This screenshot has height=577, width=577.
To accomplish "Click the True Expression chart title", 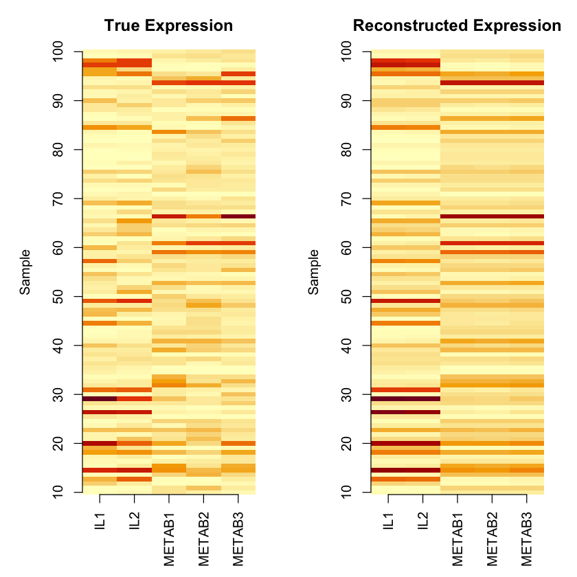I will tap(168, 26).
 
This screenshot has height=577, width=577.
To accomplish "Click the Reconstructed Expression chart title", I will tap(456, 26).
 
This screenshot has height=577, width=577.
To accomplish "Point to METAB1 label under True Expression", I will tap(170, 539).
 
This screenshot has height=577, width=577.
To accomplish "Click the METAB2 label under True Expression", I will tap(204, 539).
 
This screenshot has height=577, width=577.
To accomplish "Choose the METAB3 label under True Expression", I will tap(238, 539).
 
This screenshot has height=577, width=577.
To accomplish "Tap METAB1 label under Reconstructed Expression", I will tap(458, 539).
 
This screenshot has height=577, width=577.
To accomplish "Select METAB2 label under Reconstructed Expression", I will tap(493, 539).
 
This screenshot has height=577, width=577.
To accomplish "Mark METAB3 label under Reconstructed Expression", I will tap(527, 539).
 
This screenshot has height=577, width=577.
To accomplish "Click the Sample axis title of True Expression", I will tap(25, 272).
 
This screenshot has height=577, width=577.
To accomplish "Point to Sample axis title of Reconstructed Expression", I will tap(314, 272).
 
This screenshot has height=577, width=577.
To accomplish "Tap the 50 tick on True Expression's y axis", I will tap(58, 297).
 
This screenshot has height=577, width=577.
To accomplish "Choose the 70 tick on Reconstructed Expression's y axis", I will tap(347, 199).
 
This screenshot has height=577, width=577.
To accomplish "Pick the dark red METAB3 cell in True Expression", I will tap(238, 216).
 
